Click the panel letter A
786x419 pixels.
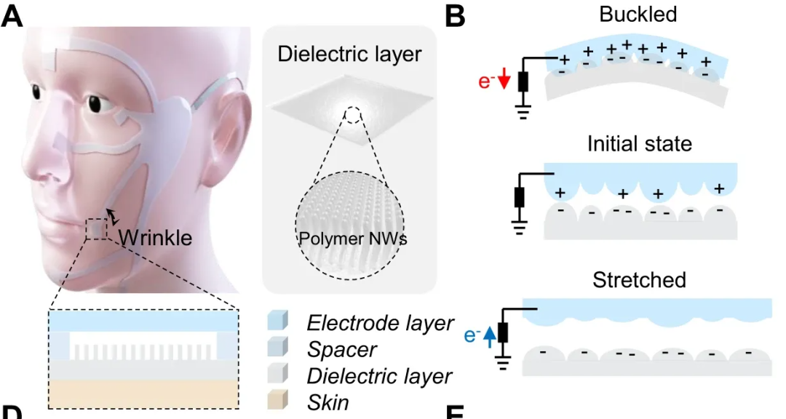tap(12, 16)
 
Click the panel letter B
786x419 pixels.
tap(455, 16)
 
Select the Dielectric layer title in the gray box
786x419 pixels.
tap(349, 55)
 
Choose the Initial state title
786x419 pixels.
tap(639, 143)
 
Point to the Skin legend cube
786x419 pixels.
tap(279, 401)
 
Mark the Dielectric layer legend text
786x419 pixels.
tap(379, 376)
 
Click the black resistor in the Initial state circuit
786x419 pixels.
tap(520, 197)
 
